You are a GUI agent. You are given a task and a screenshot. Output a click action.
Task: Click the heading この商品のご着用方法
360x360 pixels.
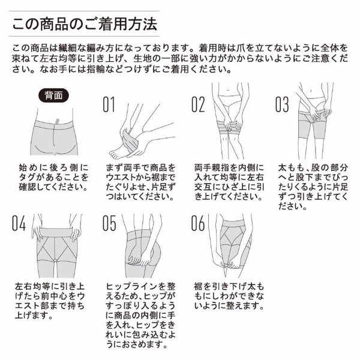(x=85, y=24)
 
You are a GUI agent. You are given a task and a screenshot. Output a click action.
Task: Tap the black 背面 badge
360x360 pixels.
(x=53, y=95)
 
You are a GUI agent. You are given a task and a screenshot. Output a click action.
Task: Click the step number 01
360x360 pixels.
(x=109, y=104)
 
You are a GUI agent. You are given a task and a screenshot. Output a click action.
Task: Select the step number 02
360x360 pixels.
(x=197, y=104)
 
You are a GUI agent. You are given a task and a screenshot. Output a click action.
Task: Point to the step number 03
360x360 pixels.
(x=282, y=104)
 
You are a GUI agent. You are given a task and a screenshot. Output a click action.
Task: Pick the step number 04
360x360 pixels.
(x=19, y=223)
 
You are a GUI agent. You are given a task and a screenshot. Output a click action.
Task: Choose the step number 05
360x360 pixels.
(x=109, y=223)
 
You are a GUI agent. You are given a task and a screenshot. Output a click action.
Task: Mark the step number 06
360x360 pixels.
(x=197, y=223)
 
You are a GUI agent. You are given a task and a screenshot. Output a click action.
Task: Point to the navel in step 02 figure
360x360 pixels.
(x=227, y=90)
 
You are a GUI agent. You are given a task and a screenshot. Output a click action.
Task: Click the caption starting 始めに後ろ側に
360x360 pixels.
(x=53, y=178)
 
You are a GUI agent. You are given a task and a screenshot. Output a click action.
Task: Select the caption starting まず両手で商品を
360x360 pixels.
(x=140, y=182)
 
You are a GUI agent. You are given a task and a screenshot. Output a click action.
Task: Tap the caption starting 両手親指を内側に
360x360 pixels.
(x=229, y=182)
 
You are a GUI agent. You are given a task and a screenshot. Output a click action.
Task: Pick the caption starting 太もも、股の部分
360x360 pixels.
(x=313, y=187)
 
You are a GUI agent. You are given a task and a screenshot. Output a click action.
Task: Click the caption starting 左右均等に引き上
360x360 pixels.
(x=50, y=301)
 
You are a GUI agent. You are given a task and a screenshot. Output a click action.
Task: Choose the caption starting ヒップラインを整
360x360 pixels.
(x=140, y=315)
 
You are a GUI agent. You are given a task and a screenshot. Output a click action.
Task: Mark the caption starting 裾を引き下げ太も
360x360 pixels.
(x=229, y=296)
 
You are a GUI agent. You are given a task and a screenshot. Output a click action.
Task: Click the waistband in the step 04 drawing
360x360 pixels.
(x=55, y=233)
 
